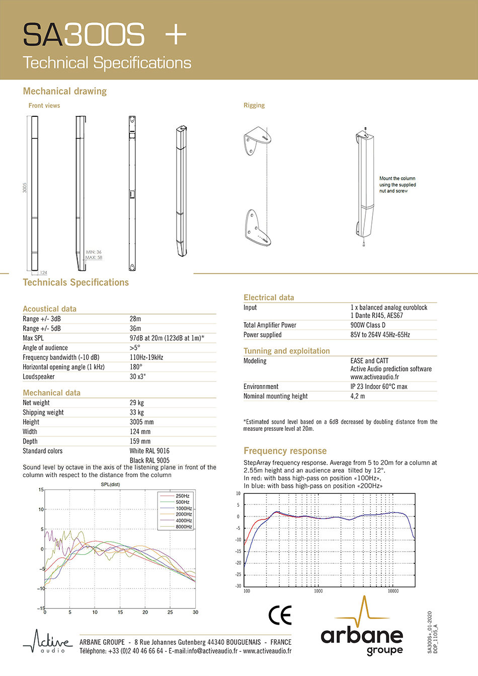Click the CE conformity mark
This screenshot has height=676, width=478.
(280, 615)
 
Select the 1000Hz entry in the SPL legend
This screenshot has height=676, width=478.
(184, 508)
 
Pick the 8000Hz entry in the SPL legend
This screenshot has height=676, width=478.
(184, 527)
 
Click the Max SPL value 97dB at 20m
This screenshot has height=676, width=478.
(167, 338)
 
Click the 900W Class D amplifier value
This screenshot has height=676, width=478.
(368, 325)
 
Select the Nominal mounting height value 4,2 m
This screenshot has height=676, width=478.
(358, 396)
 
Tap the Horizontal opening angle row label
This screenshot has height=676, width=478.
(63, 367)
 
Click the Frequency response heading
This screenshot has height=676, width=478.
(285, 451)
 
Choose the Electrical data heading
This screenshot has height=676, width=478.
(269, 297)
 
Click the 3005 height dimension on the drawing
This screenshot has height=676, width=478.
(25, 188)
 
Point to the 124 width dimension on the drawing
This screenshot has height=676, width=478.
(44, 272)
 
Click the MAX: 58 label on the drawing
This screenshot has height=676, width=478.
(94, 258)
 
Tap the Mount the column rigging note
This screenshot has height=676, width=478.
(397, 185)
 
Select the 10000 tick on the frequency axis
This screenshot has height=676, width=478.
(393, 591)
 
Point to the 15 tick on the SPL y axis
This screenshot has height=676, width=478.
(41, 489)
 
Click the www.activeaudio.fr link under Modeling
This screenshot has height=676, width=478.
(374, 377)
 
